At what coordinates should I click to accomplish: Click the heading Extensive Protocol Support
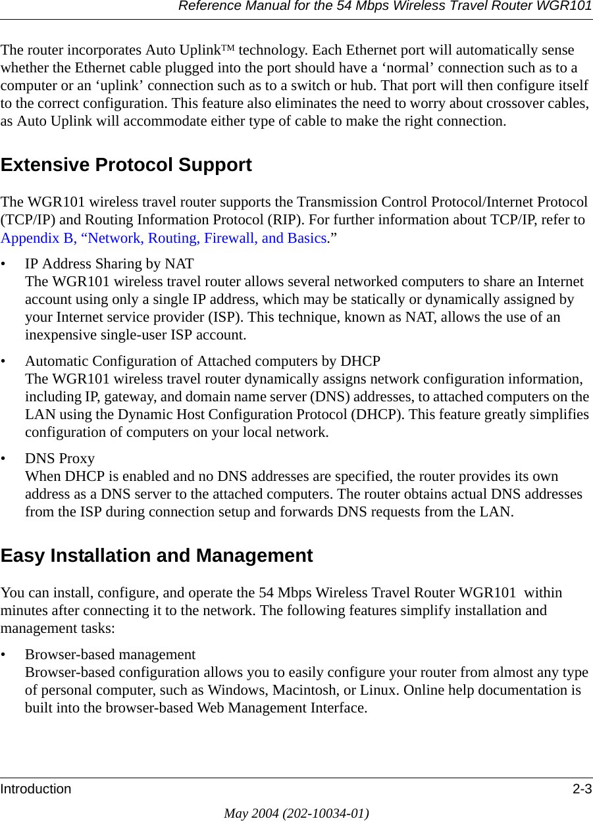(126, 165)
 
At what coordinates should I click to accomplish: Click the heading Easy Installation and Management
(157, 556)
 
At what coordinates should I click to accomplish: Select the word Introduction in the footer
(36, 789)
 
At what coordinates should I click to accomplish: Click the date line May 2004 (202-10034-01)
(296, 813)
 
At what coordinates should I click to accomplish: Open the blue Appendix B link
(164, 238)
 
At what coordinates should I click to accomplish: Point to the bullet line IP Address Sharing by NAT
(109, 264)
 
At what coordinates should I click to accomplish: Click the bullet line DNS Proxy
(60, 458)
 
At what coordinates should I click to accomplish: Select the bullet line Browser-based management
(110, 655)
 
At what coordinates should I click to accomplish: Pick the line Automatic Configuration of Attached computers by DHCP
(203, 361)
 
